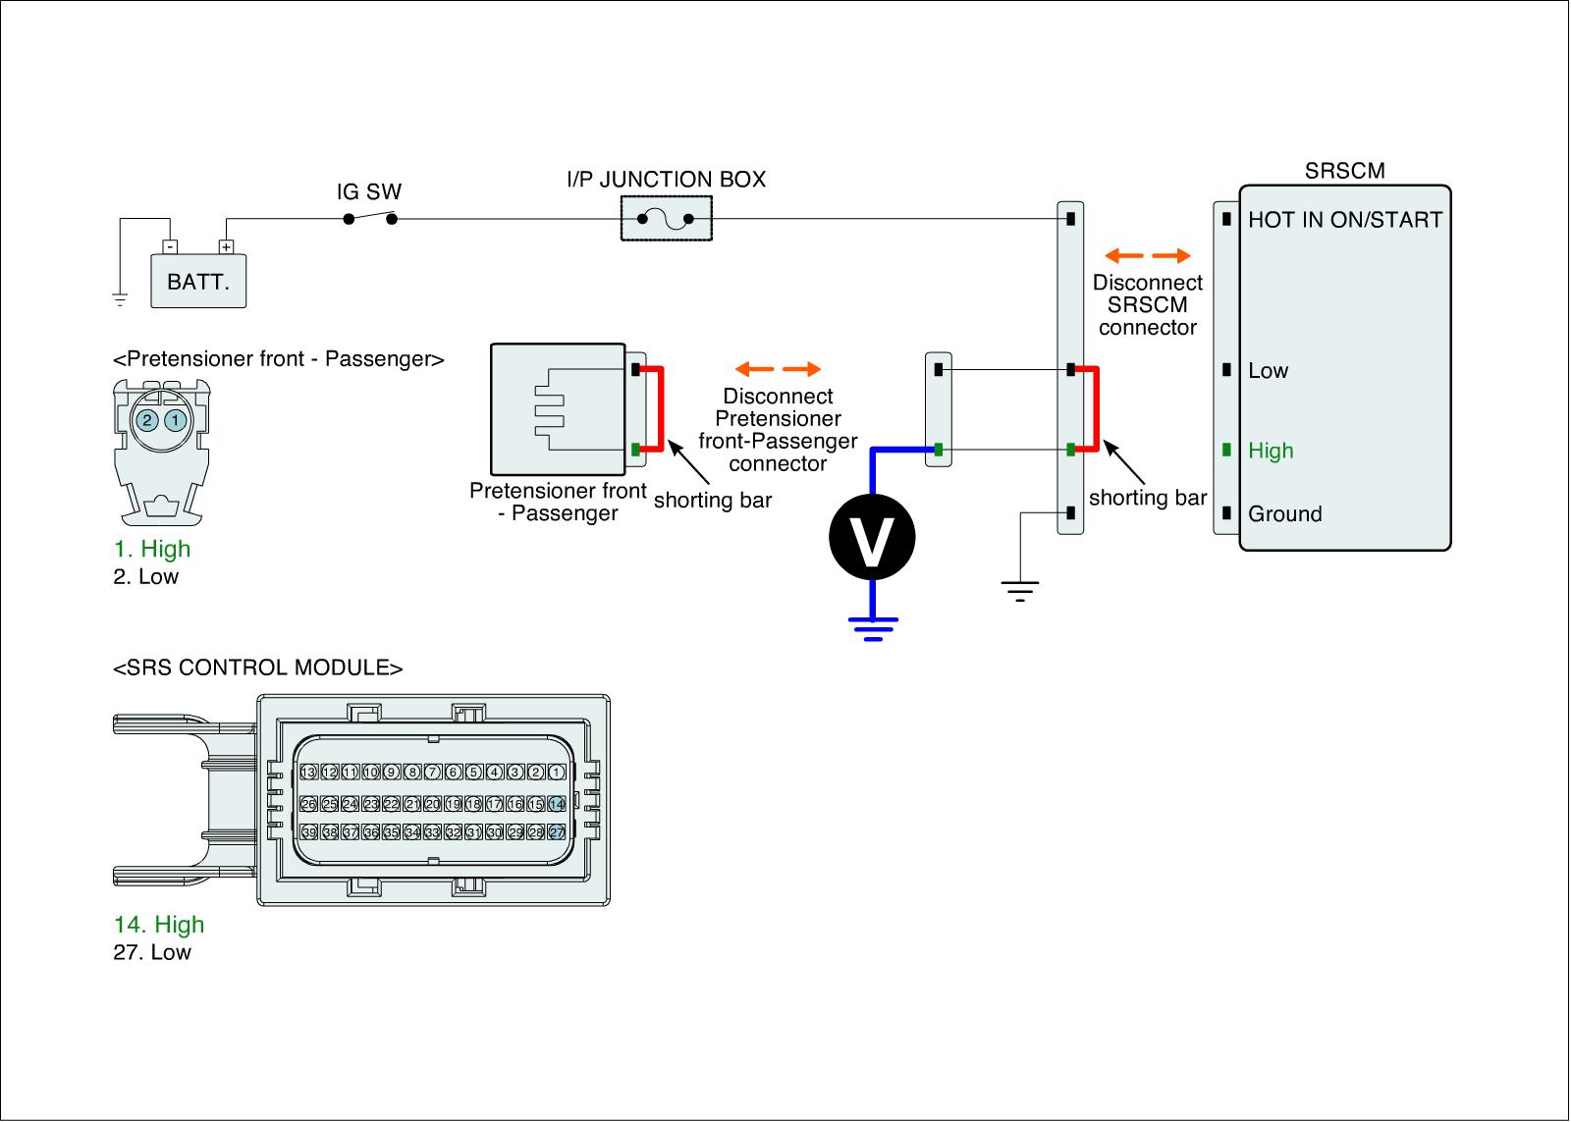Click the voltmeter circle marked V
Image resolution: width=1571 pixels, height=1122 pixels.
[871, 537]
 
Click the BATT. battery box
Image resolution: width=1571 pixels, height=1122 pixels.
[198, 282]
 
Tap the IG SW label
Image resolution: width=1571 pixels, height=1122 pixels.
[369, 192]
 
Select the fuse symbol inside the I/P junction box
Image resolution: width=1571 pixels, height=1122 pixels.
[666, 219]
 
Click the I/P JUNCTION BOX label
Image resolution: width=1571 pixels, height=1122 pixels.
[666, 180]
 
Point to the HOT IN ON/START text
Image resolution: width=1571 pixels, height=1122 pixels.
[1344, 220]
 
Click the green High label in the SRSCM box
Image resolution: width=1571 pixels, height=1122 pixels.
[1271, 451]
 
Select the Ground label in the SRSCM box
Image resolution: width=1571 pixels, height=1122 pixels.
[1284, 513]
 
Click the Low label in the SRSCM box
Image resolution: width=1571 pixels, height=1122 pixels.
[1268, 370]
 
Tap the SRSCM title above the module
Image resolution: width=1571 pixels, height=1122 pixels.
[1344, 171]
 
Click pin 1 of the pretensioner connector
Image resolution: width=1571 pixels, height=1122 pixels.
[175, 420]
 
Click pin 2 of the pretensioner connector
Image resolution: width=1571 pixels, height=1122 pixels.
[146, 420]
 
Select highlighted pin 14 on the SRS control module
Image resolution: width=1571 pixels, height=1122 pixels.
[557, 804]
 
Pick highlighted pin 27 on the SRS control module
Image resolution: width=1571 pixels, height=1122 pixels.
[557, 831]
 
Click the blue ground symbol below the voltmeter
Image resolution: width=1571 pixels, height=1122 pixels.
[872, 628]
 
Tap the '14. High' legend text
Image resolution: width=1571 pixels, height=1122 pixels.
[159, 925]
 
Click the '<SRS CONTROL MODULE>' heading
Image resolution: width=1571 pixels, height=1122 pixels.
[258, 668]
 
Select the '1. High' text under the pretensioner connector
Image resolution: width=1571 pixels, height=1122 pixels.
[152, 549]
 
